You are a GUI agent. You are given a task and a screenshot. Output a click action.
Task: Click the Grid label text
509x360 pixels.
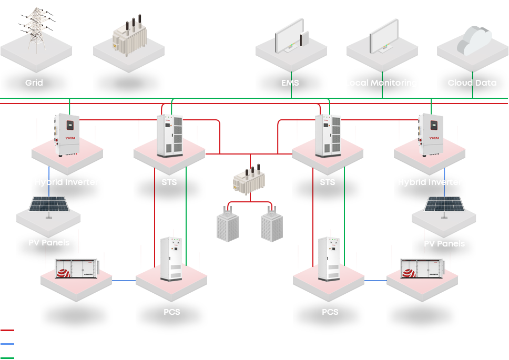[x=34, y=83]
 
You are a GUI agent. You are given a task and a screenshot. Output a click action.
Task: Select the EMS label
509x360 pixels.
[x=290, y=83]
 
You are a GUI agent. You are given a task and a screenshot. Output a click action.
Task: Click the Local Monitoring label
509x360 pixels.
[x=381, y=83]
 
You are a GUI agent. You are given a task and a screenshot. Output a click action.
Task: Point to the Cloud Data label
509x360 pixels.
[x=472, y=83]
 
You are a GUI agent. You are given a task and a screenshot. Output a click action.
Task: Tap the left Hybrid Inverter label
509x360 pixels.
[x=66, y=182]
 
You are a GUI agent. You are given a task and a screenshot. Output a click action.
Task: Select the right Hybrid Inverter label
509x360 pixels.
[x=430, y=182]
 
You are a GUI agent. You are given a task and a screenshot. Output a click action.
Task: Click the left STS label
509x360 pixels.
[x=169, y=182]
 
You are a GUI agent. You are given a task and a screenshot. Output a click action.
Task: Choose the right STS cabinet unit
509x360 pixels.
[x=328, y=136]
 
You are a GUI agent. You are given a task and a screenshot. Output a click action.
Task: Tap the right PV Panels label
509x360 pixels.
[x=444, y=243]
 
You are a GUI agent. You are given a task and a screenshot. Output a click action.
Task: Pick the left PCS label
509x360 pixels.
[x=171, y=312]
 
